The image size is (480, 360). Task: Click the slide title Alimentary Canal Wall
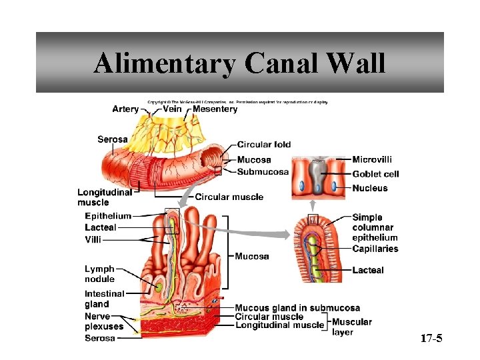click(239, 63)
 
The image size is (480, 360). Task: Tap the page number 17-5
click(431, 339)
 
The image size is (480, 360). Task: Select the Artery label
click(125, 109)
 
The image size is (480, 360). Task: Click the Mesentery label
click(215, 109)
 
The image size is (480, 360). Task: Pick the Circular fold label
click(264, 145)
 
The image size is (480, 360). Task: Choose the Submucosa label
click(263, 171)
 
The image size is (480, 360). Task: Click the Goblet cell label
click(375, 174)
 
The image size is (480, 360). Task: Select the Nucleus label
click(370, 189)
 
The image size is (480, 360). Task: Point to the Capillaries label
click(375, 249)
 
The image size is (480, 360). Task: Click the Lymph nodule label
click(99, 274)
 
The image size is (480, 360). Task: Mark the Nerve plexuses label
click(103, 321)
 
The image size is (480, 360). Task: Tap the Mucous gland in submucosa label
click(297, 308)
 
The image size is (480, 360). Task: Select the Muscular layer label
click(351, 327)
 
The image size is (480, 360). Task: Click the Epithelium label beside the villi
click(108, 216)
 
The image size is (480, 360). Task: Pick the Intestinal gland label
click(104, 299)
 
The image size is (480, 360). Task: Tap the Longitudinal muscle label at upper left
click(105, 197)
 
